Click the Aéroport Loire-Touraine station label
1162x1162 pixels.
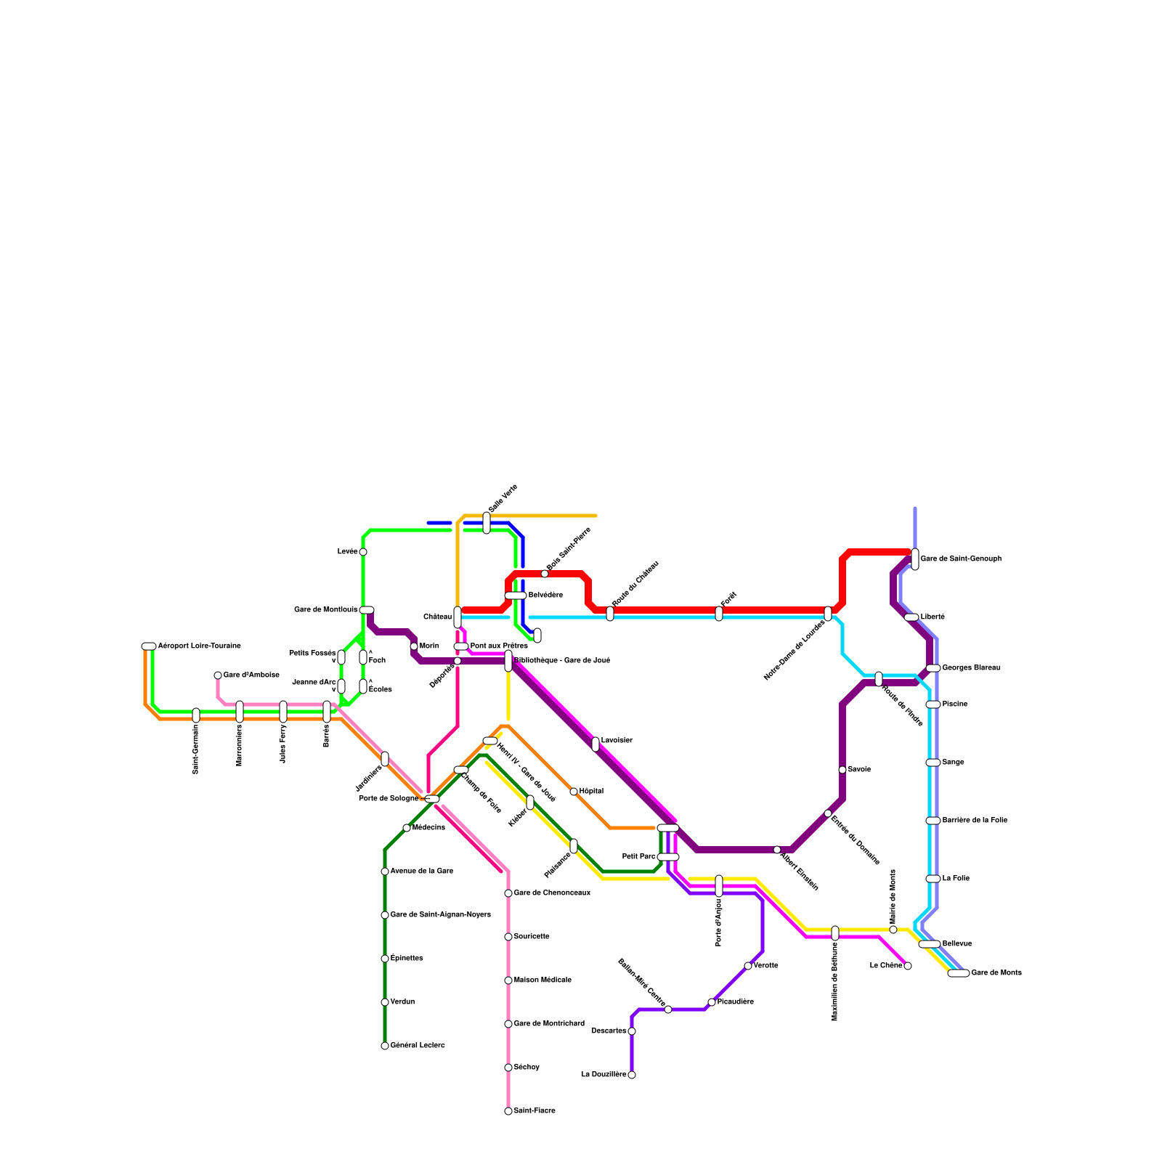199,646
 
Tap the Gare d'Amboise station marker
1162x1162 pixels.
218,675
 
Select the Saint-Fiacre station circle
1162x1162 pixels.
508,1111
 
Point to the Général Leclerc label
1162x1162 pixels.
417,1046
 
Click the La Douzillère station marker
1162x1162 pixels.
632,1075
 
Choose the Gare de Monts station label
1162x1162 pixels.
996,972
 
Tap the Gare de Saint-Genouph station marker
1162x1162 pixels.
915,559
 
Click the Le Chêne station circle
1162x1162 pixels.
908,966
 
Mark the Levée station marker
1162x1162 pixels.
363,552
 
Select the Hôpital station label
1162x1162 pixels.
591,791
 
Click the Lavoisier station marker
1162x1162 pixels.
596,744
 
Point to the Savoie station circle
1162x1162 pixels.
842,770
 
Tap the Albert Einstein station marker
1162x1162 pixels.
777,850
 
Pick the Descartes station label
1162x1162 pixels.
609,1031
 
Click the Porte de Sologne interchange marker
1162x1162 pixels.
432,799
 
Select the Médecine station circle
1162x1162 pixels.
407,828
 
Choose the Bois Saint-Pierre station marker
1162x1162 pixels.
545,574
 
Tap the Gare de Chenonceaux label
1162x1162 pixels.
551,893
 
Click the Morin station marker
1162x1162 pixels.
414,646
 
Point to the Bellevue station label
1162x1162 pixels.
956,943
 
